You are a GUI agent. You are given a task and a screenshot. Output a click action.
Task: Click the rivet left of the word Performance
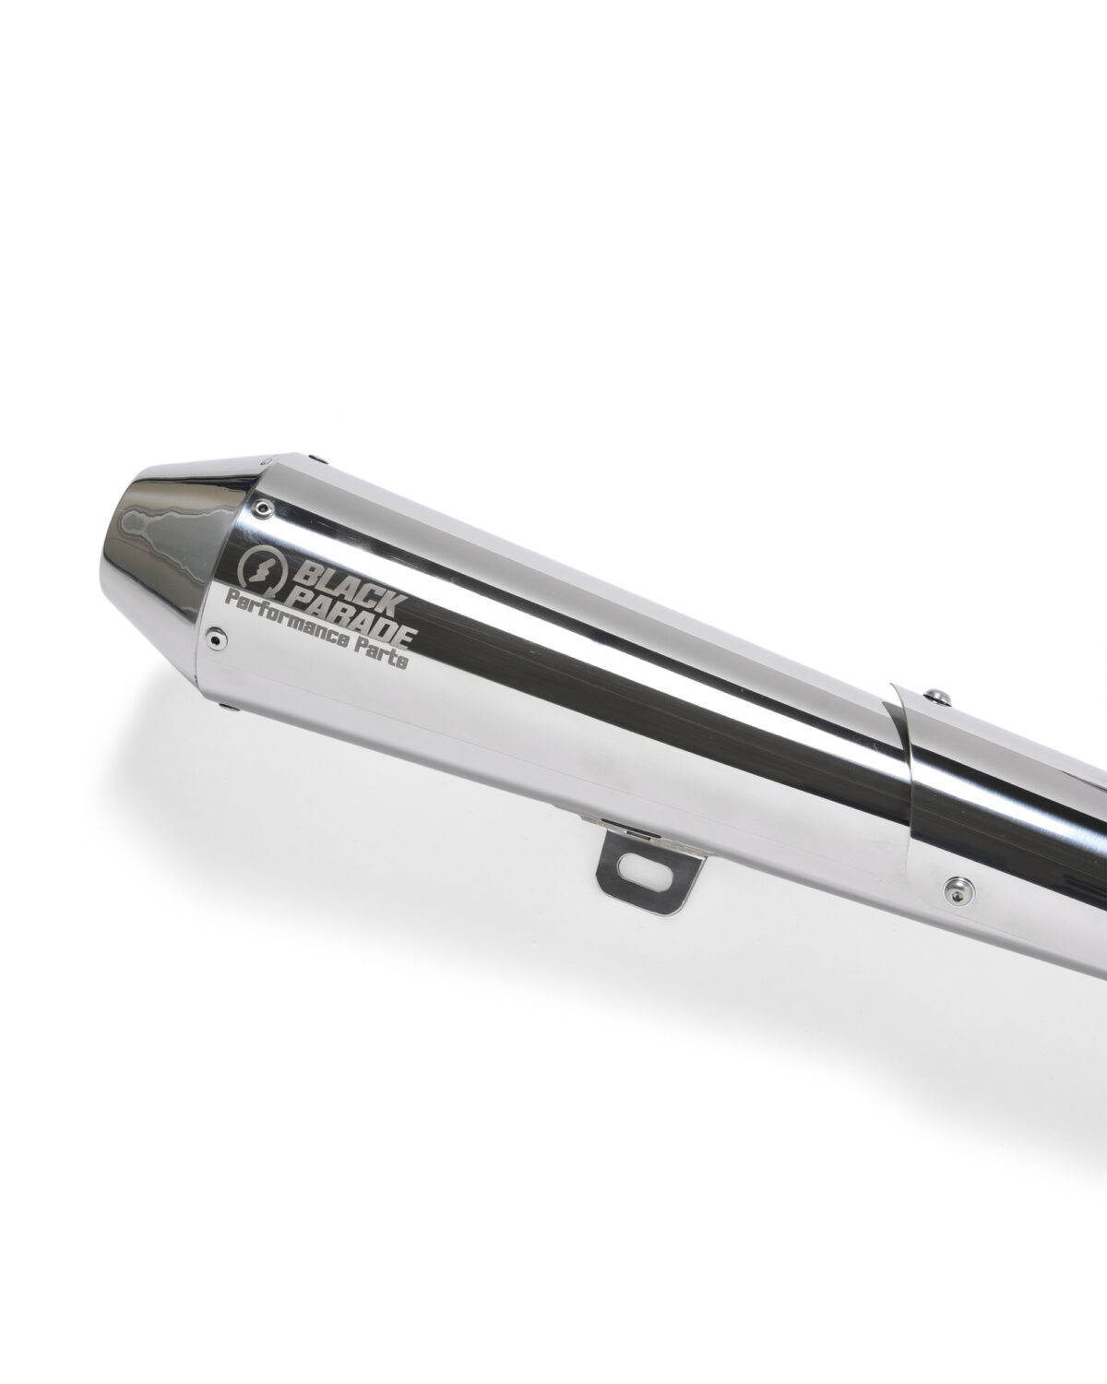(x=215, y=638)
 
